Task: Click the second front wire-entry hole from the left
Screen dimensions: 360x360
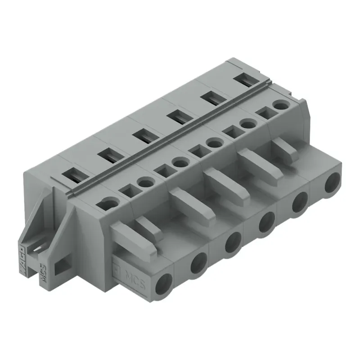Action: pyautogui.click(x=198, y=262)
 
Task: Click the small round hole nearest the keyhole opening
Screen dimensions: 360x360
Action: pyautogui.click(x=145, y=182)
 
